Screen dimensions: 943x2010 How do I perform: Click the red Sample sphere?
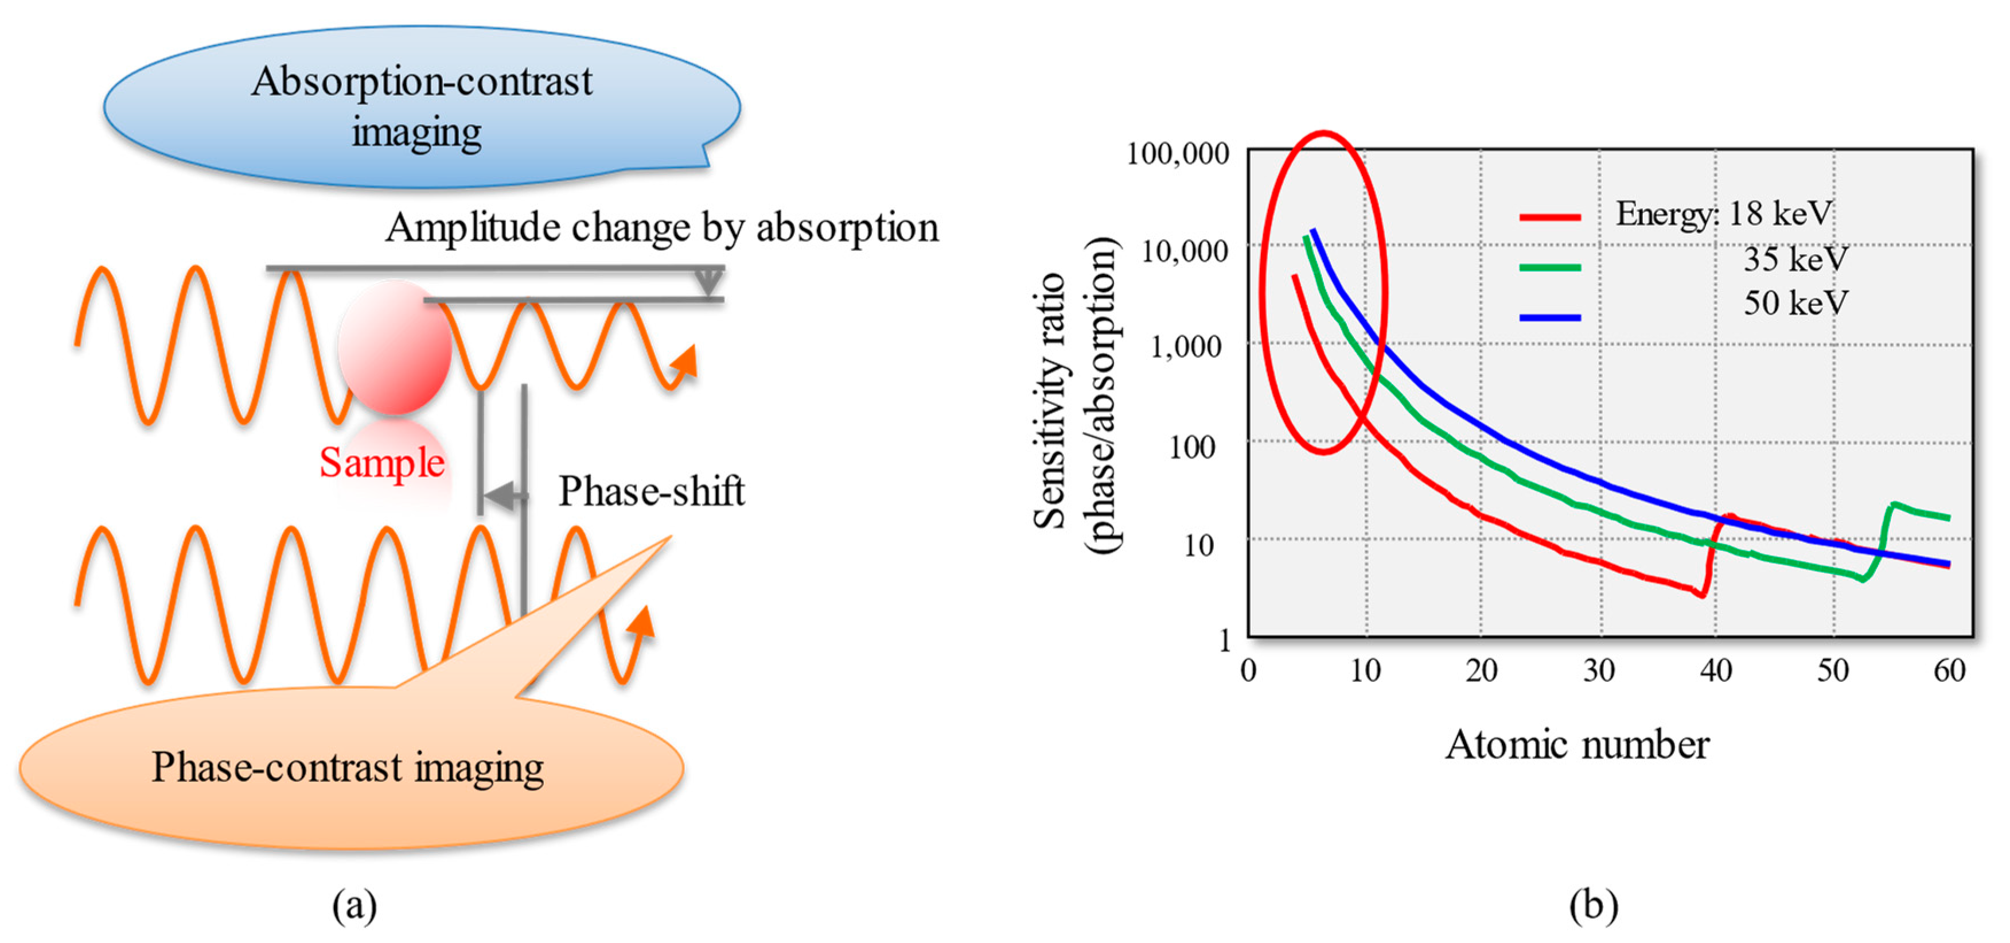(395, 347)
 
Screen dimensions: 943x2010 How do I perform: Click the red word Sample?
(381, 463)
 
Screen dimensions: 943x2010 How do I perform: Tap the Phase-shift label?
(650, 492)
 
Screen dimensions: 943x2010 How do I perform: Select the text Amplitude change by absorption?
(661, 228)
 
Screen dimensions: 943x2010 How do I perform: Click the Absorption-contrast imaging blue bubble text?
(422, 106)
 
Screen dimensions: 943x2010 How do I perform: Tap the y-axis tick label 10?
(1199, 545)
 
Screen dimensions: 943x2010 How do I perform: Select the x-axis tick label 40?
(1716, 670)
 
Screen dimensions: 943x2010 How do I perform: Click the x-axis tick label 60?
(1949, 670)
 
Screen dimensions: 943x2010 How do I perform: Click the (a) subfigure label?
(355, 906)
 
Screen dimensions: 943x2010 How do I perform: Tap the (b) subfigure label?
(1594, 906)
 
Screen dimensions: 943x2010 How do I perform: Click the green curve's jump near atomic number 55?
(1885, 531)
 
